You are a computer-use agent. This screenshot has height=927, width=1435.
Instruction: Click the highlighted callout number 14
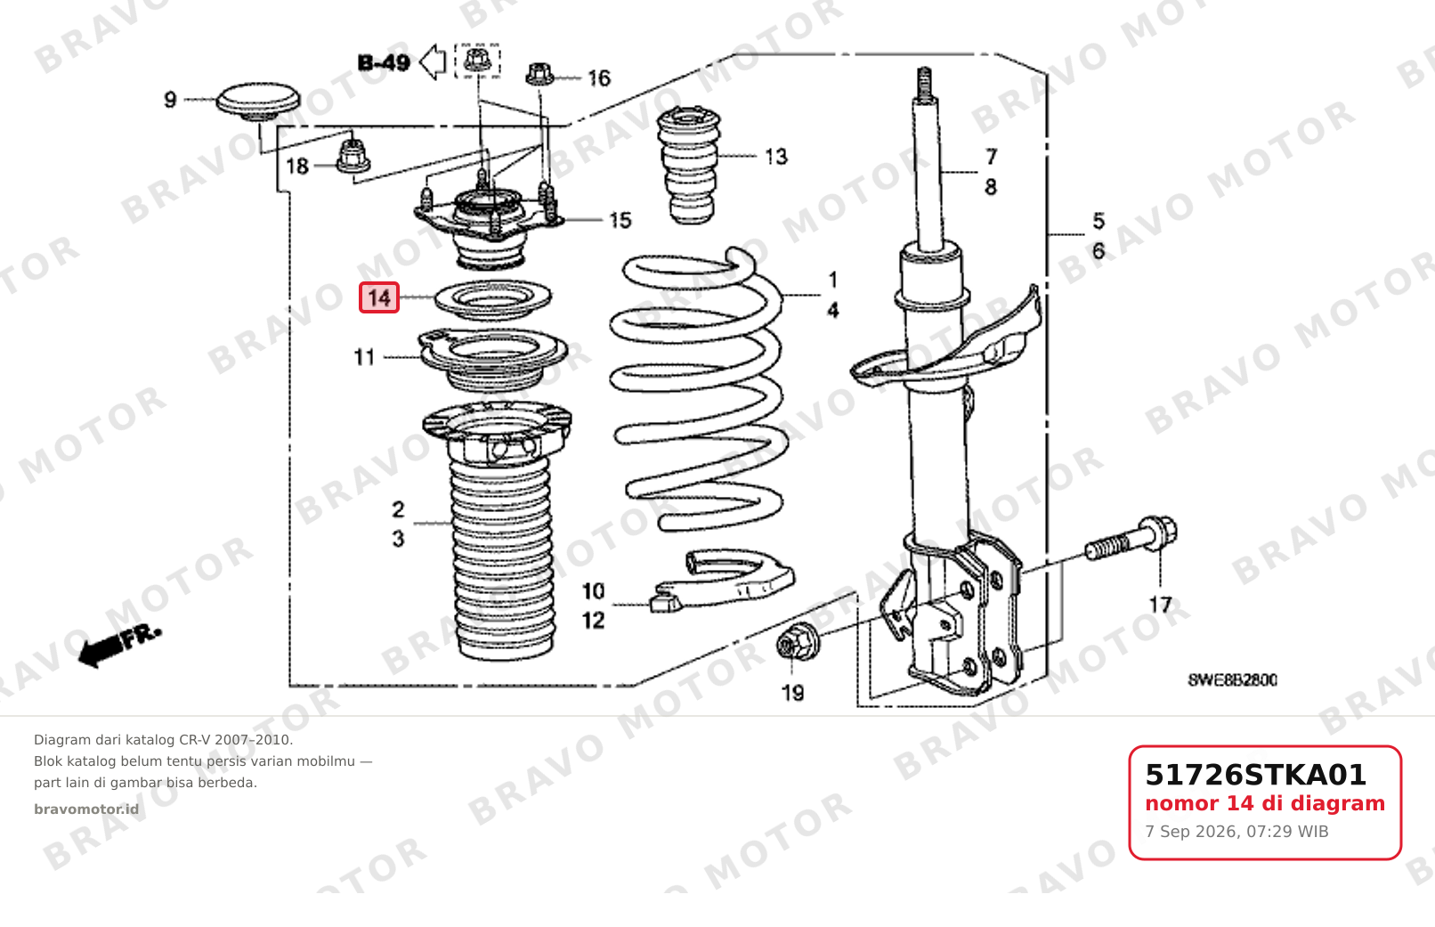(x=378, y=298)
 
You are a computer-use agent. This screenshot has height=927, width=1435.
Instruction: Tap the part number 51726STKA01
(x=1255, y=775)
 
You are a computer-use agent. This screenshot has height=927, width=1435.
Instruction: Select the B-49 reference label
(x=384, y=63)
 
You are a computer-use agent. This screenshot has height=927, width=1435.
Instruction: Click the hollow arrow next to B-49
(x=433, y=62)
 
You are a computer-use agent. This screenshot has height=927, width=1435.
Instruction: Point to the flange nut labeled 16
(x=540, y=74)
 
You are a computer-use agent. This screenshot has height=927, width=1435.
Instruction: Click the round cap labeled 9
(x=257, y=102)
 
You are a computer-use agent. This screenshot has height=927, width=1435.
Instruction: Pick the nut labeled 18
(x=353, y=158)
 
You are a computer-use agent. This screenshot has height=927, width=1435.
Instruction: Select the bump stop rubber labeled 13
(x=689, y=166)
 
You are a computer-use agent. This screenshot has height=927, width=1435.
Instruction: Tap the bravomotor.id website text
(x=86, y=809)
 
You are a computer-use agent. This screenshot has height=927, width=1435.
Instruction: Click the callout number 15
(x=620, y=220)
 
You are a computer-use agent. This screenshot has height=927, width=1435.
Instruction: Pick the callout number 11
(x=364, y=357)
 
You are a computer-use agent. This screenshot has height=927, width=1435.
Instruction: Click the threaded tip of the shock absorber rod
(x=924, y=84)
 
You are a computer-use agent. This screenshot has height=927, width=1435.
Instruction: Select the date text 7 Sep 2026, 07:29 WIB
(x=1236, y=832)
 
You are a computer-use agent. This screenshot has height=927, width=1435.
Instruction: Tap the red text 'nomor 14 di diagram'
(x=1265, y=803)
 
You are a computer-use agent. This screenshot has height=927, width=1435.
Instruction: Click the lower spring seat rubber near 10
(x=723, y=581)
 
